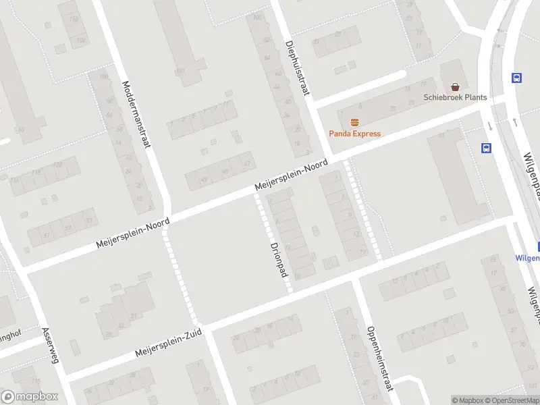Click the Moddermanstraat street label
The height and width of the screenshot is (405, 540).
point(136,113)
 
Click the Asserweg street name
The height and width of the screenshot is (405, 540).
point(51,345)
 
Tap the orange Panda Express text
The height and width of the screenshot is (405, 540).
point(354,134)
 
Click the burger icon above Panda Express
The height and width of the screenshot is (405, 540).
point(354,122)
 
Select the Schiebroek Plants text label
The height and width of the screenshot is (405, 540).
point(455,97)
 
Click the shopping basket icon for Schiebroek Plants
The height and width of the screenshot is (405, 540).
point(456,86)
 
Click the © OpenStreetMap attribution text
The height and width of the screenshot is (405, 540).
point(512,400)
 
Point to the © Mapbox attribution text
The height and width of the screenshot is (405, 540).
point(467,400)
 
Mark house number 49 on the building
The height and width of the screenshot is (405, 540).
point(205,179)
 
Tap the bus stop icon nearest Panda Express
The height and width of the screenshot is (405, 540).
point(486,148)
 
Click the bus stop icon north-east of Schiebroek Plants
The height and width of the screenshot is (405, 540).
point(517,78)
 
